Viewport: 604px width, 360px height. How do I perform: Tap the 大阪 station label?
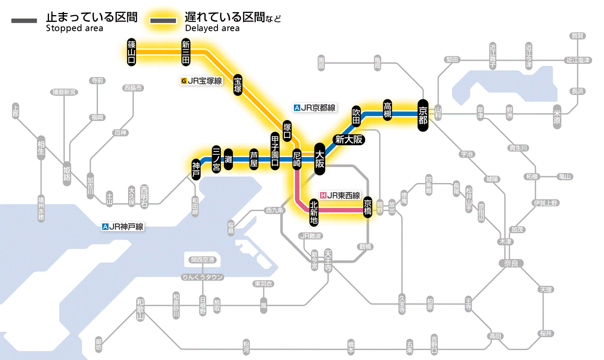(320, 159)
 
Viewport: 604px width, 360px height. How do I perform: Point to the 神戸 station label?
(196, 169)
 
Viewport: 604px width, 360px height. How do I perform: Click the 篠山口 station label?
(132, 52)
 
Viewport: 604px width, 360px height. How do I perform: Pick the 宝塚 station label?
(238, 85)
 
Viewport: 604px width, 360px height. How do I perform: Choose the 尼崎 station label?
(297, 159)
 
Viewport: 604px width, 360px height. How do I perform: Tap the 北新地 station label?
(314, 212)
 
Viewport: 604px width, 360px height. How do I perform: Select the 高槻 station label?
(387, 110)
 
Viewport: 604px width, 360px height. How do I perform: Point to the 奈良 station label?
(511, 263)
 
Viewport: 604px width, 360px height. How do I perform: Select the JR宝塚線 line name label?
(202, 81)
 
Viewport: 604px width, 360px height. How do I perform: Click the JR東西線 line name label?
(340, 195)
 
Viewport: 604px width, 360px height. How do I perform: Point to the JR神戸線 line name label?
(123, 227)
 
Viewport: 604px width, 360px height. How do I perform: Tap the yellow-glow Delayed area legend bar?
(164, 20)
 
